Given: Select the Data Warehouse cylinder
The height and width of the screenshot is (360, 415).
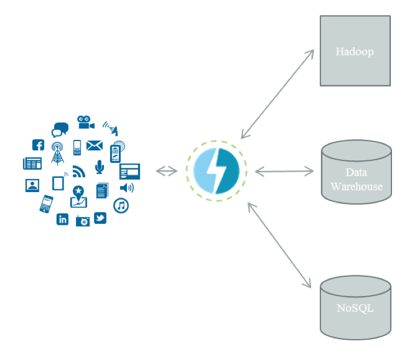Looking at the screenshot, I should pyautogui.click(x=356, y=172).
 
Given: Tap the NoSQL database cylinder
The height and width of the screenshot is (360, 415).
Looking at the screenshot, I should pyautogui.click(x=355, y=307).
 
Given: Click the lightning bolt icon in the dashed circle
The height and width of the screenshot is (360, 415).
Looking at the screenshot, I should pyautogui.click(x=216, y=171).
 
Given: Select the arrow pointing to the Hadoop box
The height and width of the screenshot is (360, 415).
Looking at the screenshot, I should pyautogui.click(x=278, y=93).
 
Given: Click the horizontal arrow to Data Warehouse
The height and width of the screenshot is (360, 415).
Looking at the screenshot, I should pyautogui.click(x=284, y=172).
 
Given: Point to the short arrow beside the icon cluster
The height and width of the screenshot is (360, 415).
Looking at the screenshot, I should pyautogui.click(x=166, y=171).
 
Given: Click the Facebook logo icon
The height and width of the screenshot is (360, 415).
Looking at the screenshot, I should pyautogui.click(x=38, y=145).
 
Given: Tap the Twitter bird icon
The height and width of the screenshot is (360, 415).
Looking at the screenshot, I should pyautogui.click(x=100, y=218).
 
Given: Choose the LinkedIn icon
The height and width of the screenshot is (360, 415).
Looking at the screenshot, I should pyautogui.click(x=62, y=219).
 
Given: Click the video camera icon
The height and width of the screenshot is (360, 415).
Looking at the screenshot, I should pyautogui.click(x=85, y=122).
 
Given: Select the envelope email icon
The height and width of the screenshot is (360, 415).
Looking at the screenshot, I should pyautogui.click(x=95, y=146).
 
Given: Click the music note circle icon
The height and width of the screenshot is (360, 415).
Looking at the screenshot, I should pyautogui.click(x=121, y=206).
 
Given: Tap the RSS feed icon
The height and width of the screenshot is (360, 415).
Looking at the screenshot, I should pyautogui.click(x=79, y=171).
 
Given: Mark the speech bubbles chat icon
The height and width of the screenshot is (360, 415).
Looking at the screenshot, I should pyautogui.click(x=60, y=130).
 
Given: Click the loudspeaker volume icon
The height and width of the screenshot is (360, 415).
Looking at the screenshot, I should pyautogui.click(x=126, y=188).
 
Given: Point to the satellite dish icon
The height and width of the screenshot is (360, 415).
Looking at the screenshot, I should pyautogui.click(x=111, y=129).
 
